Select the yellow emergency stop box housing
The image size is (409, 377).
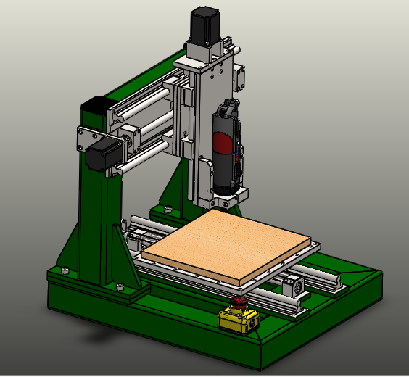(x=239, y=318)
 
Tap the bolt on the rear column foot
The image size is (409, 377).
(x=168, y=210)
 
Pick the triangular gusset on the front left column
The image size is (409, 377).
(x=73, y=246)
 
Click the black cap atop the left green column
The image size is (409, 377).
(x=93, y=104)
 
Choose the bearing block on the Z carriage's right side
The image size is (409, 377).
(x=241, y=76)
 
